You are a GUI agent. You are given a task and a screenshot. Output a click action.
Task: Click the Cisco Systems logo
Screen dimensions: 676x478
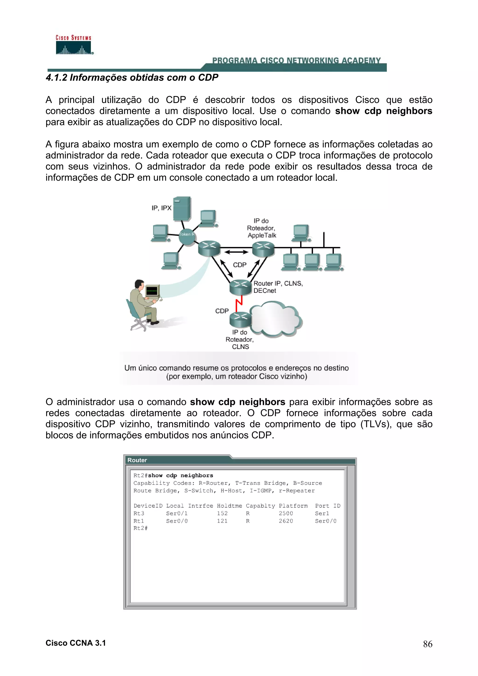coord(74,45)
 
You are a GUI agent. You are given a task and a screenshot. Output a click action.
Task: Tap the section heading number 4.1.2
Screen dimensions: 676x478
coord(56,77)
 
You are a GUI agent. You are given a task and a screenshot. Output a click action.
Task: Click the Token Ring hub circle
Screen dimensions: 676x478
coord(187,236)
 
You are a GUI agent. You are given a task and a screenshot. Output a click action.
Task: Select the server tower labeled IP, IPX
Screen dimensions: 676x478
coord(182,209)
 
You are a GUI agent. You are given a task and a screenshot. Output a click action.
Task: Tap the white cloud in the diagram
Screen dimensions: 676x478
coord(275,319)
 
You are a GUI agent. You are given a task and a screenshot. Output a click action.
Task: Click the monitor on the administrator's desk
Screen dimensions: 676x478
coord(152,291)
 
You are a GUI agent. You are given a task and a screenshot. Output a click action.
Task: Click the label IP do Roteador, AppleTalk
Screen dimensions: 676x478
coord(262,228)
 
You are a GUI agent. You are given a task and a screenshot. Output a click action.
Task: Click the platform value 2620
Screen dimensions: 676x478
coord(286,521)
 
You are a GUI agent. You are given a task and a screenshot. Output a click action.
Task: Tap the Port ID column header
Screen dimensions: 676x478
coord(327,505)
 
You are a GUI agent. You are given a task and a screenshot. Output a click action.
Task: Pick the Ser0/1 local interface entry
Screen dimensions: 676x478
coord(177,513)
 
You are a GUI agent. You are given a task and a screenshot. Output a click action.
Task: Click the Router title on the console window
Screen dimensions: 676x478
coord(137,460)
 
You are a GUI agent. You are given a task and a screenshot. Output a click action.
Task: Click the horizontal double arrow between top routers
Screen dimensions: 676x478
coord(236,252)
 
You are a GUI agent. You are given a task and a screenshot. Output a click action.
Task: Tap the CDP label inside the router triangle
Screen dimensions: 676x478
coord(239,265)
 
